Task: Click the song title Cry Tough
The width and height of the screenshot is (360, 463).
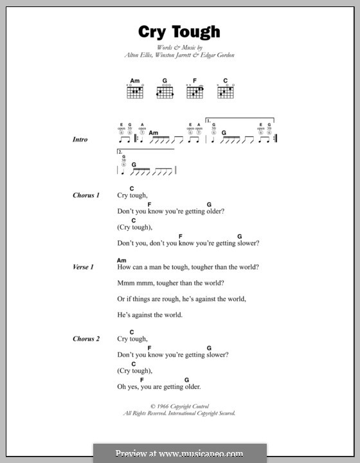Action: point(179,32)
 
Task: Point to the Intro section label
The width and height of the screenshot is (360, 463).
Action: point(80,140)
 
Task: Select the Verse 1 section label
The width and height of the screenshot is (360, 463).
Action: point(84,267)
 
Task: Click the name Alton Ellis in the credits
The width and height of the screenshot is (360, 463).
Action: point(138,55)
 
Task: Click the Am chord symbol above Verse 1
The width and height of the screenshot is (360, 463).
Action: point(122,260)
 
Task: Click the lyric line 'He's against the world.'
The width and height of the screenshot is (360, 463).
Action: point(150,315)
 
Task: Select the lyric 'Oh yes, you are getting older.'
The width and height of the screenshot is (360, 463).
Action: point(159,386)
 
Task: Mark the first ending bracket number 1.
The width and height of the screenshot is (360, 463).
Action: point(208,120)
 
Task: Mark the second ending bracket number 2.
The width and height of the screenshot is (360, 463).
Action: point(120,152)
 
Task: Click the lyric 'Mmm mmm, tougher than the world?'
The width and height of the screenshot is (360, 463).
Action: point(170,283)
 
